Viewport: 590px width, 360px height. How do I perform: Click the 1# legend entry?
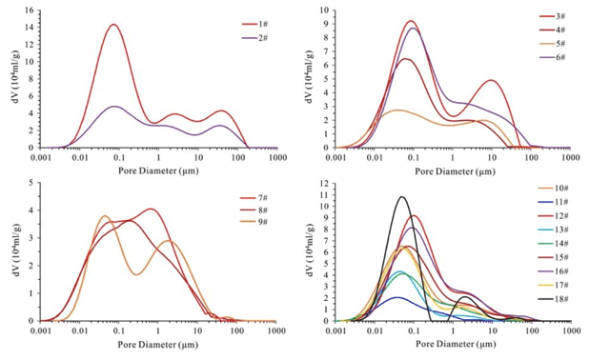point(254,25)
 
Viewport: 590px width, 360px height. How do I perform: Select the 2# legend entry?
point(254,38)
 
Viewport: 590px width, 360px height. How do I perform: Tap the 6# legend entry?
point(553,57)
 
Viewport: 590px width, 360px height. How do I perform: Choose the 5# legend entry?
point(553,44)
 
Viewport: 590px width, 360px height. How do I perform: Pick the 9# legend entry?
point(254,222)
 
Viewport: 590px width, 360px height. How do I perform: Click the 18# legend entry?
point(553,299)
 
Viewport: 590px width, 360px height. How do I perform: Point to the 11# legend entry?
point(553,202)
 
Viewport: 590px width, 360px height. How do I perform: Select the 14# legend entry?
point(553,244)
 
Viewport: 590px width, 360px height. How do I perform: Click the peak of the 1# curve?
point(113,25)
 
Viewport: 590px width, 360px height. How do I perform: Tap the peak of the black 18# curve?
point(402,196)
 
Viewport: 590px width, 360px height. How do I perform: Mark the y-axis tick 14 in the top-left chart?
point(30,28)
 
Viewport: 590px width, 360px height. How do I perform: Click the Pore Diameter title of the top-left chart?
point(158,171)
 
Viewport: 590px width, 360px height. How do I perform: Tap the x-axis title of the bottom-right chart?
point(456,344)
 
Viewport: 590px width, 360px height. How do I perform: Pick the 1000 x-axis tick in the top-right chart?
point(570,158)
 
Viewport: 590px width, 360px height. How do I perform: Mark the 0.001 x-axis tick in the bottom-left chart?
point(41,331)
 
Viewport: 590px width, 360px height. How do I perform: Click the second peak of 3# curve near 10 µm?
point(492,80)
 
